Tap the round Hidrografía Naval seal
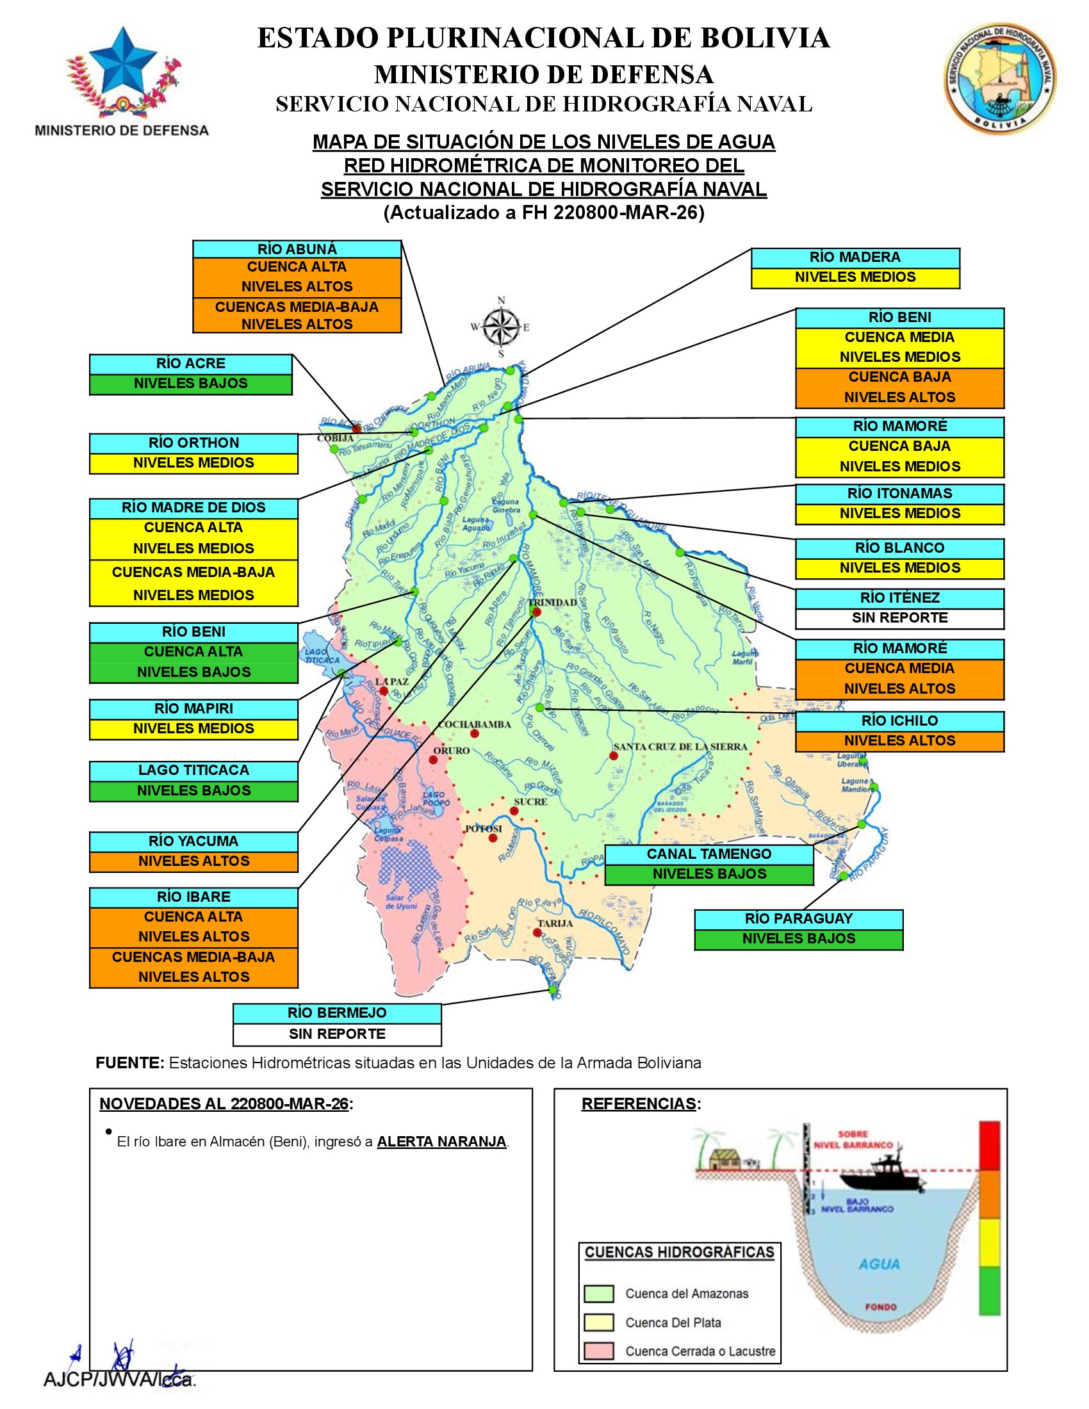(1000, 78)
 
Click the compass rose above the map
(502, 327)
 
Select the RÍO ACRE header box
(190, 364)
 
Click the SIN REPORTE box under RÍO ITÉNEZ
(899, 618)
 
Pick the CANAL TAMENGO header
(708, 854)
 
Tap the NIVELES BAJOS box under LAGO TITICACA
(193, 791)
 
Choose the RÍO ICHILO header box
(899, 721)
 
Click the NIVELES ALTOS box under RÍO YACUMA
(193, 861)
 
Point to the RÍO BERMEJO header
(337, 1014)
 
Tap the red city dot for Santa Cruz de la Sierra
(613, 756)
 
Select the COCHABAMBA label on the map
(474, 724)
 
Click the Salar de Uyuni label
(401, 902)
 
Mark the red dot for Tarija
(537, 933)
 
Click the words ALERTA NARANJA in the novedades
(442, 1141)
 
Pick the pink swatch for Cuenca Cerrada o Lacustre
(598, 1351)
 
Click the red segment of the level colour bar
(989, 1145)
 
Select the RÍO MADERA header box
(855, 257)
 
